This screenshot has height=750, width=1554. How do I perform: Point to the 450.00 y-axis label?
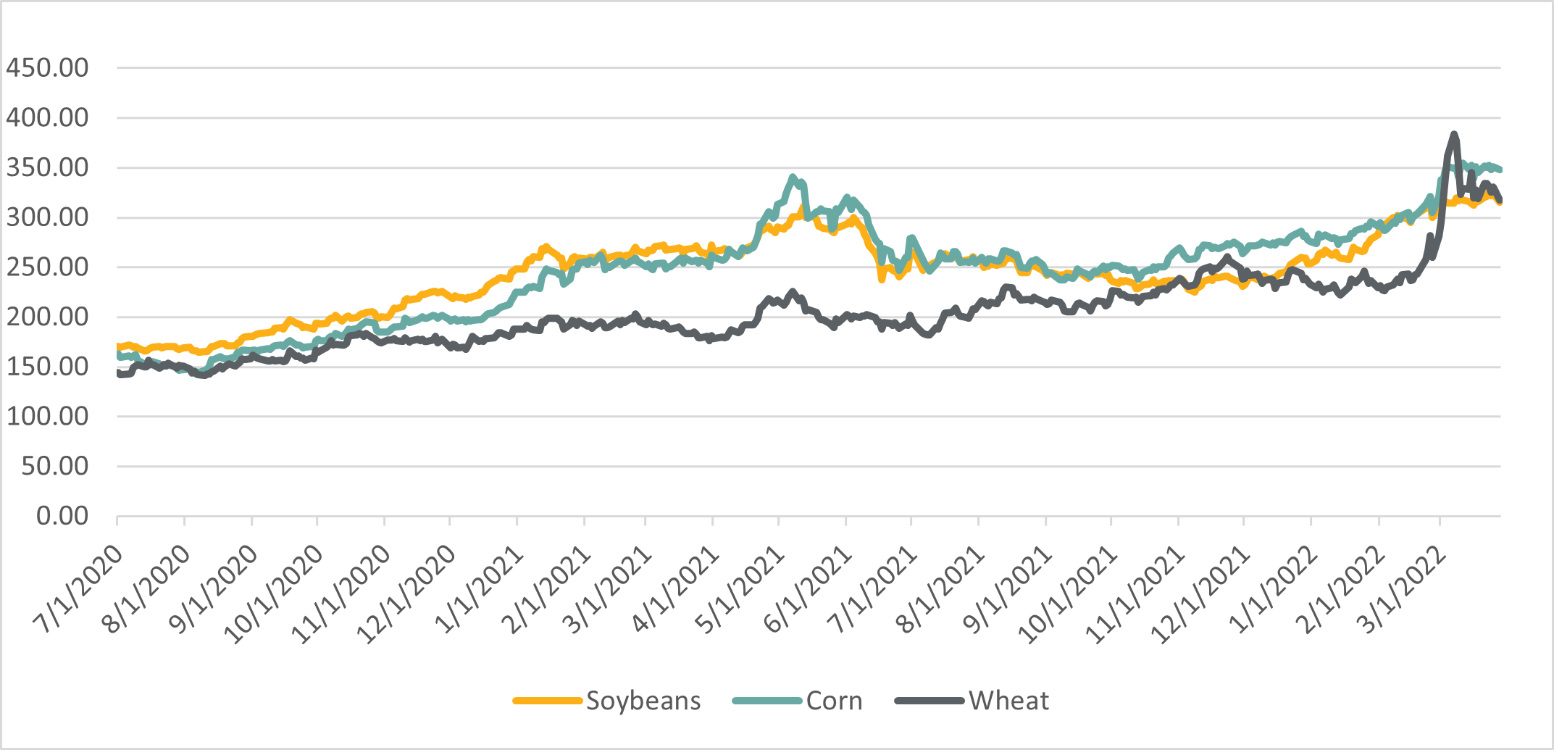(x=47, y=68)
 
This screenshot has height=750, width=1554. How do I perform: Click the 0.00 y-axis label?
(x=62, y=516)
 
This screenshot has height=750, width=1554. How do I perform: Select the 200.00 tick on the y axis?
(x=47, y=317)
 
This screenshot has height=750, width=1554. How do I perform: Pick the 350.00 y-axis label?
(x=47, y=167)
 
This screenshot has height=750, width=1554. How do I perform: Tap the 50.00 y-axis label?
(x=54, y=466)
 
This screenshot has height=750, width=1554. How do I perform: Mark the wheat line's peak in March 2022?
(x=1453, y=134)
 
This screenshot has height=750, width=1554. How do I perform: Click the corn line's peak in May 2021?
(x=793, y=176)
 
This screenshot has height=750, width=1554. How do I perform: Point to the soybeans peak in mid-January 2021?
(x=546, y=246)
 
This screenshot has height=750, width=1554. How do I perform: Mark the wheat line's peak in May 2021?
(x=793, y=291)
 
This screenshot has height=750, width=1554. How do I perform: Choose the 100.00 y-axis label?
(x=47, y=416)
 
